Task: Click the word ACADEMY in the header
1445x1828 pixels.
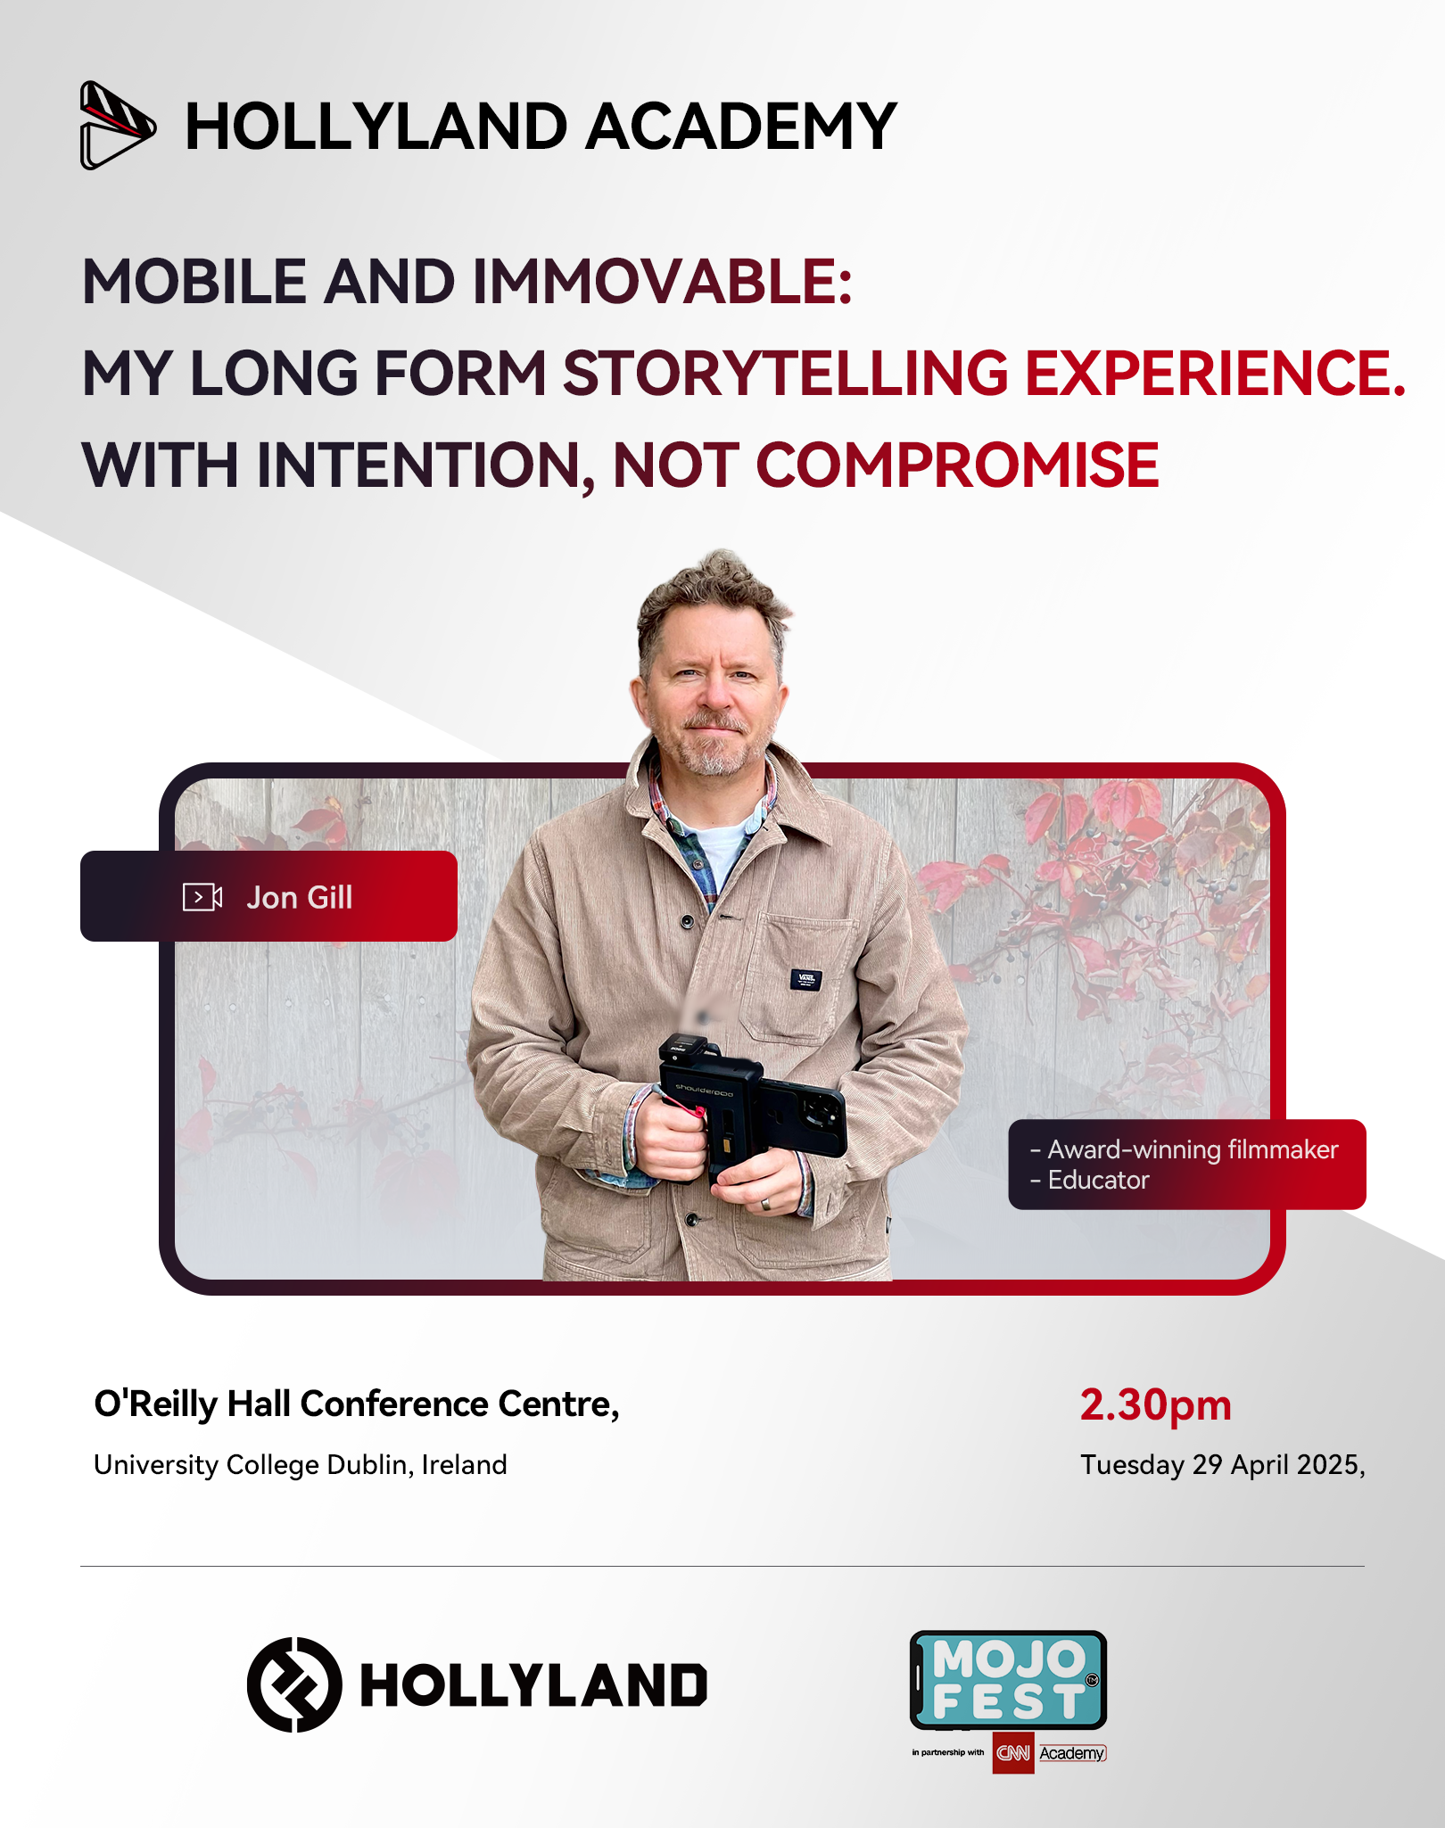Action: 741,126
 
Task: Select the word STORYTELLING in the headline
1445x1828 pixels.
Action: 786,372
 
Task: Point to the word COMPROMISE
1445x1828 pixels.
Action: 957,465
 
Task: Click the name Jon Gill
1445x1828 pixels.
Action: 300,897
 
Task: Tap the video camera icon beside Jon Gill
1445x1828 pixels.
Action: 202,897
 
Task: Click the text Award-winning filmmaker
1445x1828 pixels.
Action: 1193,1149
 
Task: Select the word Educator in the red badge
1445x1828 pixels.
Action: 1098,1180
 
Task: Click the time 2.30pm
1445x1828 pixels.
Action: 1155,1405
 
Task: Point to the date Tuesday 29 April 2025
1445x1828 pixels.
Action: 1221,1465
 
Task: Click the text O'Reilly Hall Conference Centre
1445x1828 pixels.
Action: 355,1404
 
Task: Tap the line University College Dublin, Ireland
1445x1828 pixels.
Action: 301,1465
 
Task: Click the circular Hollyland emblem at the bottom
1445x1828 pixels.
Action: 294,1684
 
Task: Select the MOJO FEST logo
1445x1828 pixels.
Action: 1008,1680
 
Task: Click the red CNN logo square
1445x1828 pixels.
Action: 1013,1753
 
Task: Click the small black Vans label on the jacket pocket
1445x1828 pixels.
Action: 805,979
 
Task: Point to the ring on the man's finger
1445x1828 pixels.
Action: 765,1204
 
